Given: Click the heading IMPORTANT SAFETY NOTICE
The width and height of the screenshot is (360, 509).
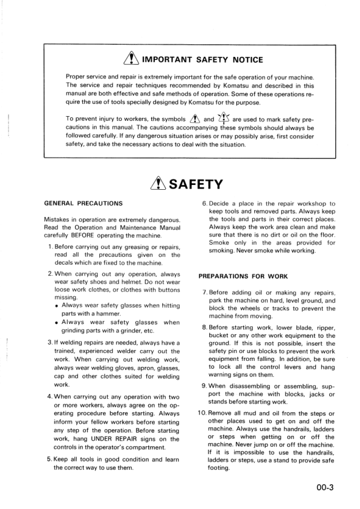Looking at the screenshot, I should pyautogui.click(x=203, y=59).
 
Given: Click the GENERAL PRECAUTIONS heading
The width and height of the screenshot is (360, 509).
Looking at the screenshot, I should pyautogui.click(x=83, y=203).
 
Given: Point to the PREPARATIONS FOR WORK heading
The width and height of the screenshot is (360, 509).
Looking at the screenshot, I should pyautogui.click(x=243, y=276).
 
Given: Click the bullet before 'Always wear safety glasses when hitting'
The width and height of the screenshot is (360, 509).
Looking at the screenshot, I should pyautogui.click(x=56, y=305).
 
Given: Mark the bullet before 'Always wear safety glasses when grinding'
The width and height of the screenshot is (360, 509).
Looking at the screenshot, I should pyautogui.click(x=56, y=322).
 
